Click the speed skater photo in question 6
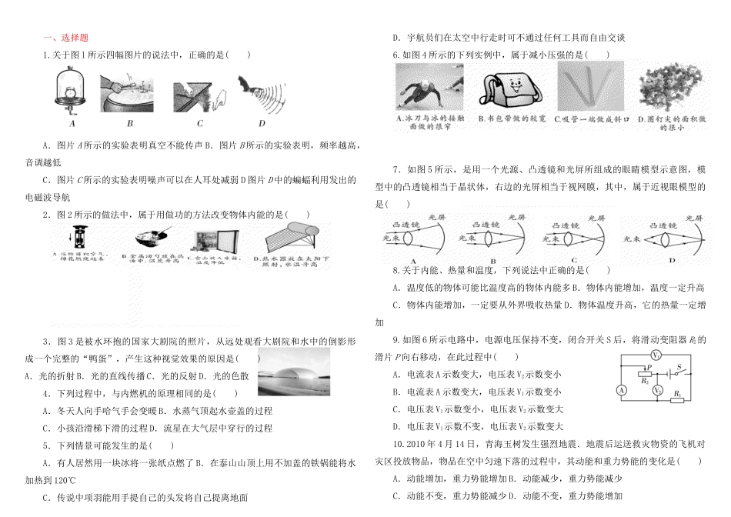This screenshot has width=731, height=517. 429,88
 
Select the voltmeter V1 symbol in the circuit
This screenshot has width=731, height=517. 655,355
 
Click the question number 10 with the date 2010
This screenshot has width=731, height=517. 400,444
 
